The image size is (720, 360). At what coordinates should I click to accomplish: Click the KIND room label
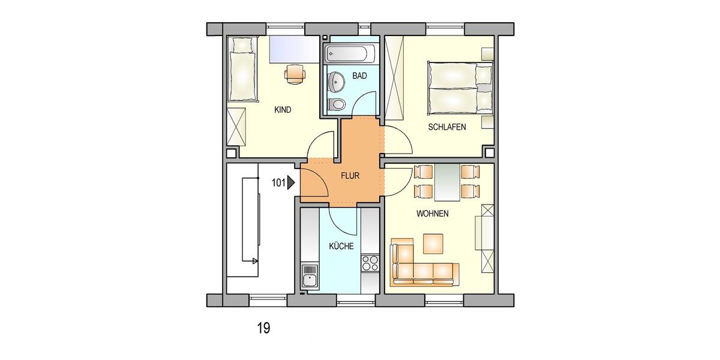(x=283, y=110)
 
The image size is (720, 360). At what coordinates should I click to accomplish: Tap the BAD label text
(x=360, y=76)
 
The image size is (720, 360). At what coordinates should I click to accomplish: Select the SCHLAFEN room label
(x=447, y=127)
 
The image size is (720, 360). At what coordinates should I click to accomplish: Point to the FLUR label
(x=350, y=176)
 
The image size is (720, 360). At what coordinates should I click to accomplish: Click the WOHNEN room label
(x=432, y=214)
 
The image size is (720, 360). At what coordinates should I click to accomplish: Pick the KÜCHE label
(x=341, y=246)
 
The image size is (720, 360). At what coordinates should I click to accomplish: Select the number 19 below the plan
(x=263, y=328)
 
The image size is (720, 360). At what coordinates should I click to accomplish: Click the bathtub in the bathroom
(x=350, y=55)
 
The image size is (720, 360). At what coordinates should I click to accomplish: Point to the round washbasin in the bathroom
(x=337, y=80)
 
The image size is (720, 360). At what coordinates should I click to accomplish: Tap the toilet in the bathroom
(x=338, y=104)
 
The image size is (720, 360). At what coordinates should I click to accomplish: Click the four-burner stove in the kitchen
(x=370, y=263)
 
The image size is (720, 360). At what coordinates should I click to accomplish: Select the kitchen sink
(x=310, y=279)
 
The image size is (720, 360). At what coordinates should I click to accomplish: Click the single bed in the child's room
(x=244, y=68)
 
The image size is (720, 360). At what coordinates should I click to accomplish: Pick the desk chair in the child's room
(x=295, y=73)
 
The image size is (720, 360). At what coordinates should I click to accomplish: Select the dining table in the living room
(x=446, y=182)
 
